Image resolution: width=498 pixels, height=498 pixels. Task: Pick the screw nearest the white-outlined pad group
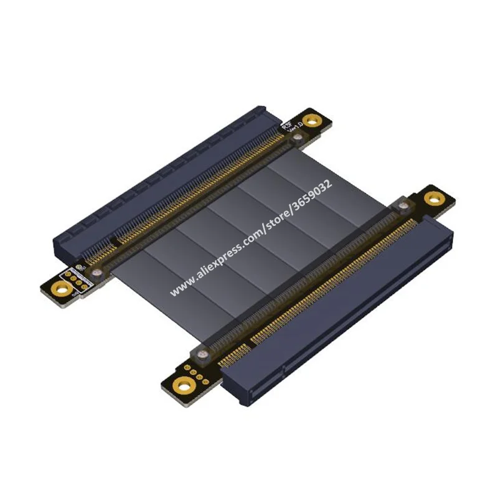[96, 272]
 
